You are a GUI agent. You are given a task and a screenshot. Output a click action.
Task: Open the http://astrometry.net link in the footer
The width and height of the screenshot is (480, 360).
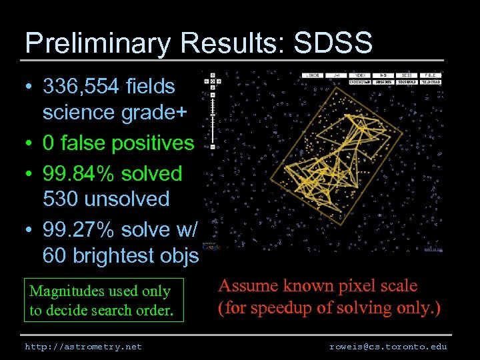(83, 347)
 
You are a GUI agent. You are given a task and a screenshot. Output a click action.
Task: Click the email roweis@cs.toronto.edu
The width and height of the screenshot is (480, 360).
(388, 347)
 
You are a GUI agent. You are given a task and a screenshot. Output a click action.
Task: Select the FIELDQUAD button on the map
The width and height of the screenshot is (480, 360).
(433, 81)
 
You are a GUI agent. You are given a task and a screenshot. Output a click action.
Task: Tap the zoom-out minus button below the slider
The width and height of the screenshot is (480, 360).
(212, 145)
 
